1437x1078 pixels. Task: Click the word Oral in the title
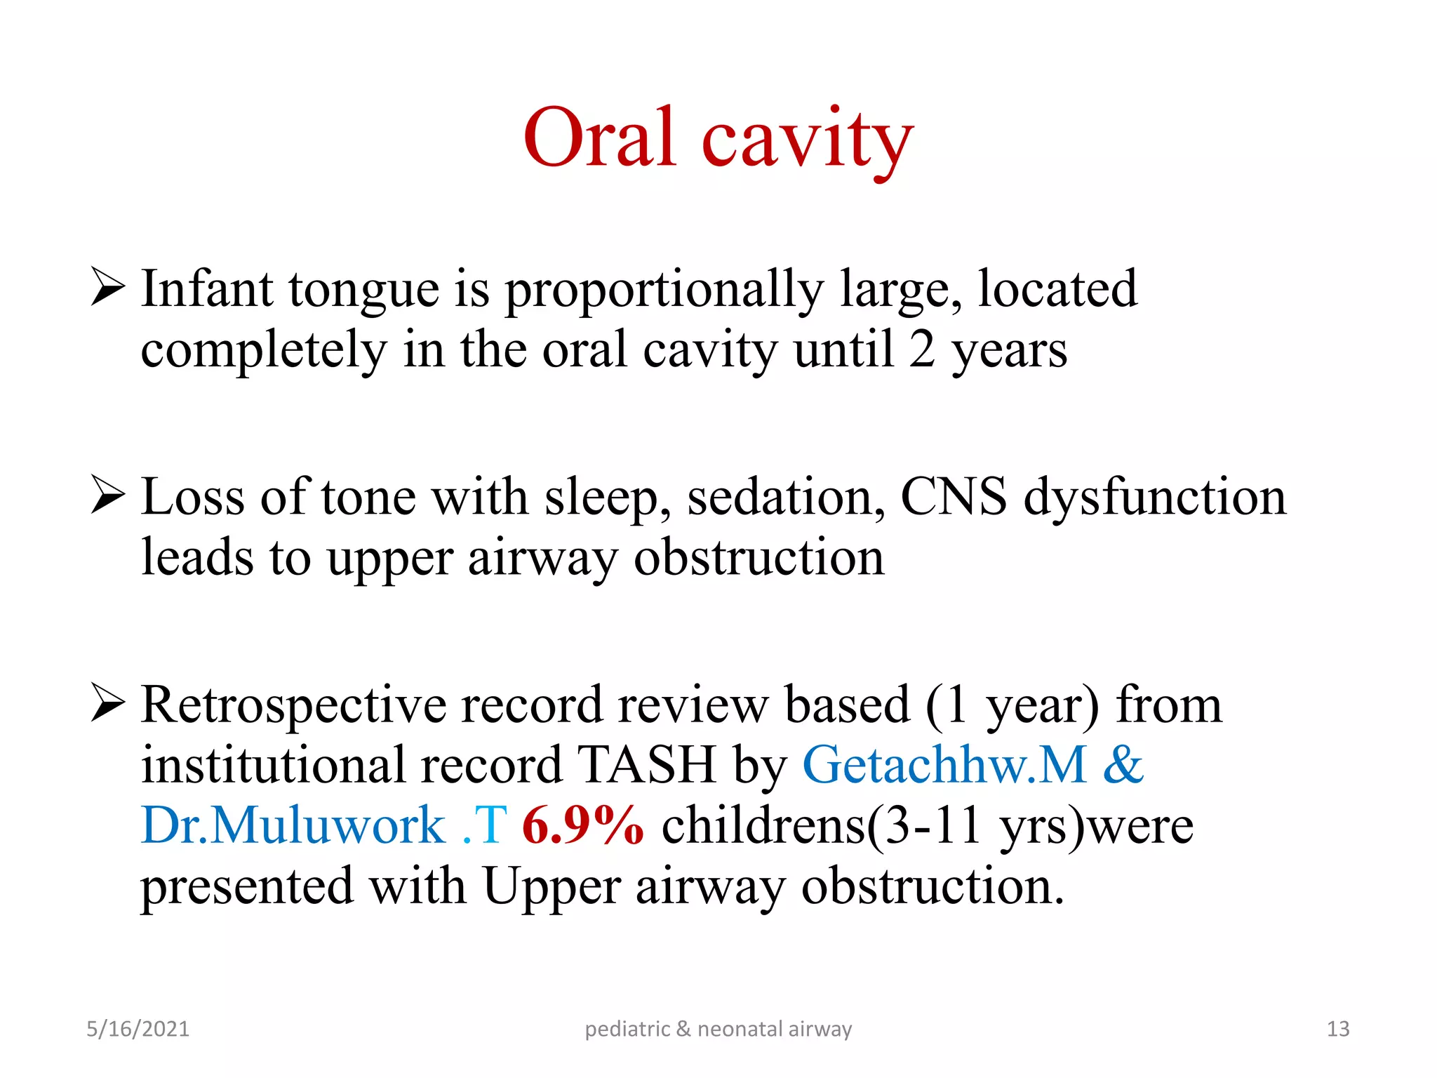click(600, 138)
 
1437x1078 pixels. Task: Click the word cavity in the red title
click(808, 140)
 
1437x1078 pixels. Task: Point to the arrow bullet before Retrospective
click(108, 704)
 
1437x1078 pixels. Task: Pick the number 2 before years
click(922, 350)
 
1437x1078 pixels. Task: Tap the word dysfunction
click(1155, 497)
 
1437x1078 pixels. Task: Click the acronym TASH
click(646, 765)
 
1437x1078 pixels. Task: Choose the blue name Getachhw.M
click(944, 765)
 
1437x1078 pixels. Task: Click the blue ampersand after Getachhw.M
click(1123, 765)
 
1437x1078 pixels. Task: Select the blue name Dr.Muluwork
click(293, 825)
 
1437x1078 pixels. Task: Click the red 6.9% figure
click(582, 825)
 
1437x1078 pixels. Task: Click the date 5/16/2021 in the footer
click(138, 1029)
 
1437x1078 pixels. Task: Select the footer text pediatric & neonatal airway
click(718, 1029)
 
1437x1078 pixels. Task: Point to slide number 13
click(1337, 1029)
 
